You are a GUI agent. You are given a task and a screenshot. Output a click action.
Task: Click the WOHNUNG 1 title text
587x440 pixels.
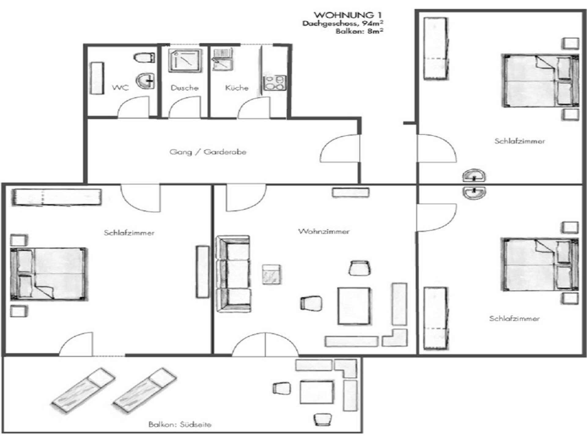click(348, 15)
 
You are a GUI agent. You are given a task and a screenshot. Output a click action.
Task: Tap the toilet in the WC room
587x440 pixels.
click(144, 57)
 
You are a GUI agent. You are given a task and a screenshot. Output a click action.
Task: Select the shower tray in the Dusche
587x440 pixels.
click(185, 61)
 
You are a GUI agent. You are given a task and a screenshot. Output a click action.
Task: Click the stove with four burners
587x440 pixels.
click(274, 83)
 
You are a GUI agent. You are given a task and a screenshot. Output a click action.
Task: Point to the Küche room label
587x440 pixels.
click(237, 88)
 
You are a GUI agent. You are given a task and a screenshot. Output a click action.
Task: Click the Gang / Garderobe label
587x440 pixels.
click(208, 152)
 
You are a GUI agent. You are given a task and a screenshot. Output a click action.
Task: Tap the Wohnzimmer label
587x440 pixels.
click(324, 231)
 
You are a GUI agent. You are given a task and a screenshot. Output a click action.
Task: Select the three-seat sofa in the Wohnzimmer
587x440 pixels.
click(233, 274)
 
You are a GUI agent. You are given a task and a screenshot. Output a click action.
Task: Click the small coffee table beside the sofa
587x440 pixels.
click(271, 274)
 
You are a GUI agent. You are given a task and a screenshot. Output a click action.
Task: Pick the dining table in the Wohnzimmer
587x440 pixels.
click(354, 306)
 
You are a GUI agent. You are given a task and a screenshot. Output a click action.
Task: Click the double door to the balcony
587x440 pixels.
click(265, 344)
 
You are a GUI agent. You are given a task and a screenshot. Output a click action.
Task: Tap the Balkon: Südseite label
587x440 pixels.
click(180, 424)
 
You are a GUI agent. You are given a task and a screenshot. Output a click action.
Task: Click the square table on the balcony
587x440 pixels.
click(316, 392)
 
